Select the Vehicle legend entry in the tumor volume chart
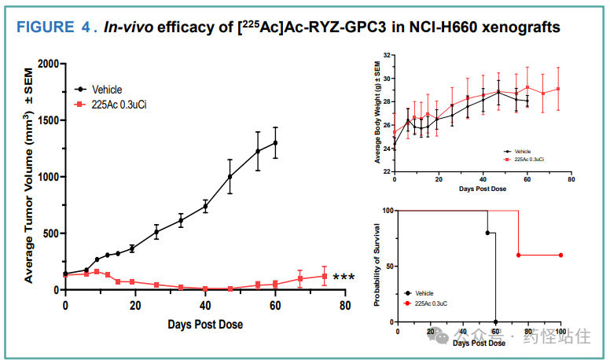(x=107, y=90)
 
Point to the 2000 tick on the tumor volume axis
(x=44, y=64)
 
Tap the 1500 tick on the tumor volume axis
(x=44, y=120)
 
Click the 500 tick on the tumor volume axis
(x=48, y=233)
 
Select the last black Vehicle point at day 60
(x=275, y=142)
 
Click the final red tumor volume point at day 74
(x=324, y=276)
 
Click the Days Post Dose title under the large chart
(x=204, y=324)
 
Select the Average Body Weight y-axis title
(x=377, y=114)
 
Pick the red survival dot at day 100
(x=560, y=255)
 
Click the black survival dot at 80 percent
(x=487, y=233)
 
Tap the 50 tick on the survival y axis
(x=390, y=266)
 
